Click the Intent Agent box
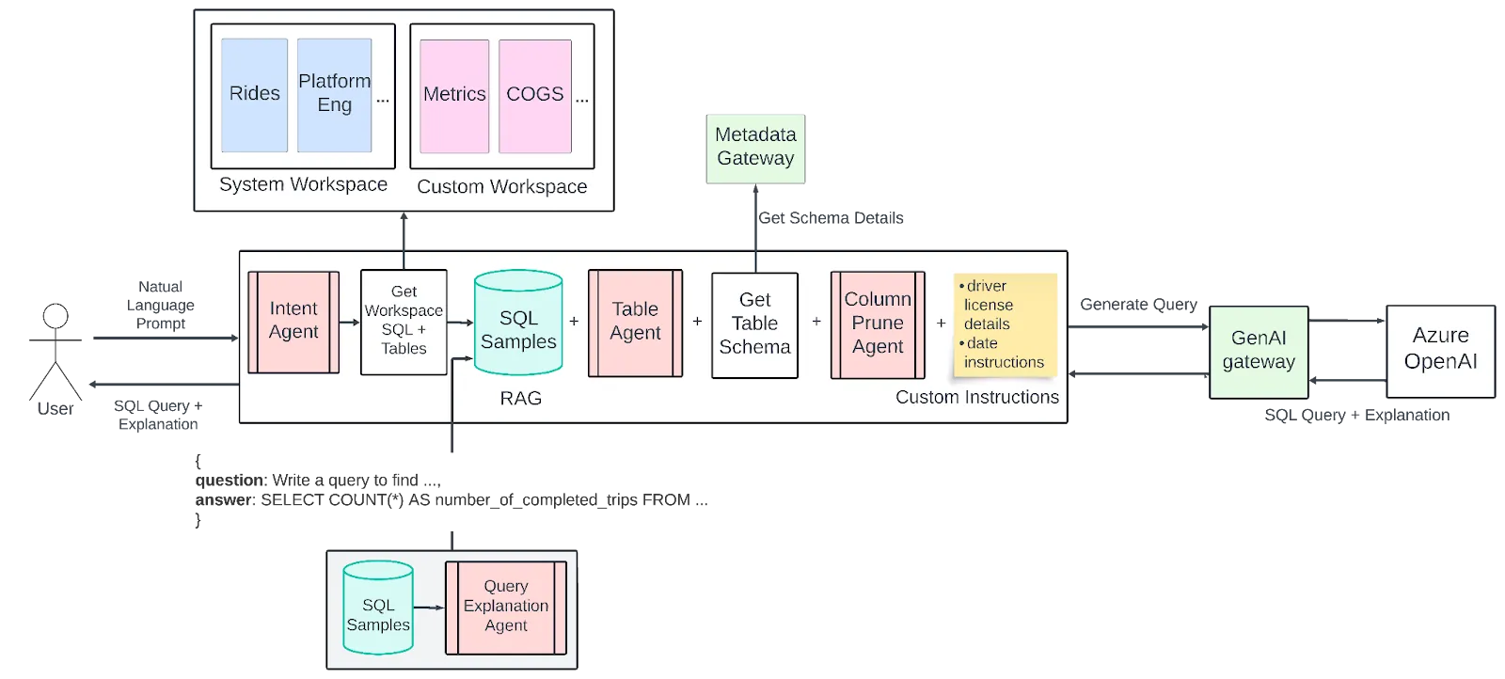[x=293, y=322]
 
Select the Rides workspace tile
[x=254, y=95]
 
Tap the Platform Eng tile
[x=334, y=95]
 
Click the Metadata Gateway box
[x=755, y=148]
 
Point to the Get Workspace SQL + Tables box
[x=404, y=322]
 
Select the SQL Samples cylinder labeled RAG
[x=518, y=324]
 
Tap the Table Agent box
[x=635, y=323]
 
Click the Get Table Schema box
[x=754, y=324]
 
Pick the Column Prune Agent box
[x=878, y=324]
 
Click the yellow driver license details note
[x=1005, y=324]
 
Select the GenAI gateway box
[x=1259, y=351]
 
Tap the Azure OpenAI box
[x=1440, y=350]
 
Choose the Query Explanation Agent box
[x=506, y=607]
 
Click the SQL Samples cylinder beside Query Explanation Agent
[x=378, y=608]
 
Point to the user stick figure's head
[x=55, y=316]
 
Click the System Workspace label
[x=303, y=185]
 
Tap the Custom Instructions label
[x=976, y=398]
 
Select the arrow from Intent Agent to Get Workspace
[x=349, y=323]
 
